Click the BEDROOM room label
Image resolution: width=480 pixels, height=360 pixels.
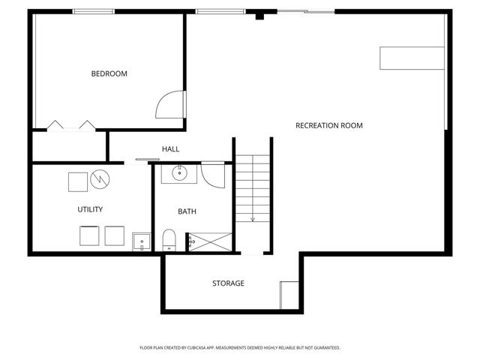[109, 73]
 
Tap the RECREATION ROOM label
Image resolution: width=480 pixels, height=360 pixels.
[329, 125]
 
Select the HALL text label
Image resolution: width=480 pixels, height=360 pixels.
[170, 149]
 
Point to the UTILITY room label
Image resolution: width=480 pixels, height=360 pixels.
[90, 209]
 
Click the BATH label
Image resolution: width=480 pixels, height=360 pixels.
[187, 211]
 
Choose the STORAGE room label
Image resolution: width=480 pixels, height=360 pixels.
[228, 283]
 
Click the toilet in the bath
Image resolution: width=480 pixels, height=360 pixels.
[169, 240]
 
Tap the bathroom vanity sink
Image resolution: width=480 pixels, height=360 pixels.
[180, 174]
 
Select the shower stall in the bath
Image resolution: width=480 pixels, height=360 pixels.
[209, 241]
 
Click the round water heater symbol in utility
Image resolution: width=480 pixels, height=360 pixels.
[100, 180]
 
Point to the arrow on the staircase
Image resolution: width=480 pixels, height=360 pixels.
[253, 217]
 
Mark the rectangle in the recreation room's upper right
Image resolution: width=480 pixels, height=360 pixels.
[412, 58]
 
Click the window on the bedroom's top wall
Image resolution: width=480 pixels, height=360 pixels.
[94, 11]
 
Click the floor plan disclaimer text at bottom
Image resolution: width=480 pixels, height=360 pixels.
[240, 347]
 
